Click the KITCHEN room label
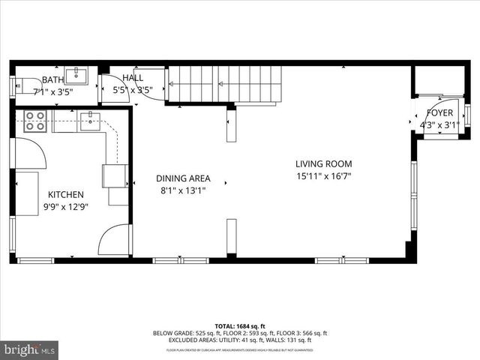66,195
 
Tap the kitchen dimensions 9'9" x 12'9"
66,207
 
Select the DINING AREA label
183,178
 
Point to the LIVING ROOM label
323,164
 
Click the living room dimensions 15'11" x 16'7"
323,176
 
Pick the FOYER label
440,113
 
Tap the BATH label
52,79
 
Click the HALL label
133,77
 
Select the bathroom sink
76,75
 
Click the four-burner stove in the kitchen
34,121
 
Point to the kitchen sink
90,121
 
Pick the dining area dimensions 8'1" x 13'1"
183,190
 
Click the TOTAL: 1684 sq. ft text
240,326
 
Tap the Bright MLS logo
30,349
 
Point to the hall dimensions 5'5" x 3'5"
133,90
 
